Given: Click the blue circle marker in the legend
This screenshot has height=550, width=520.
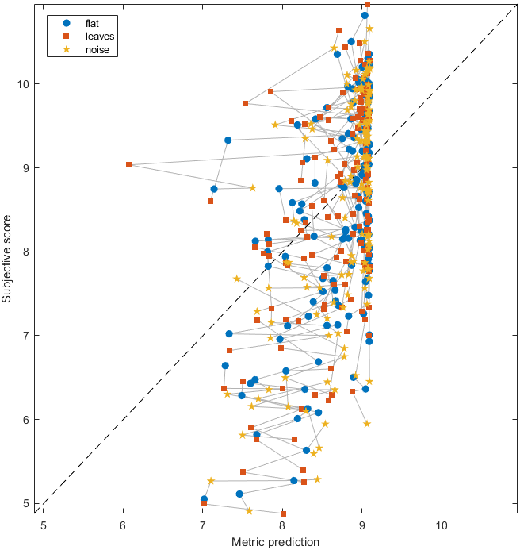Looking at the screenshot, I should [x=67, y=23].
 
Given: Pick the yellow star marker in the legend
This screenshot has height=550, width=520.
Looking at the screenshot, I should [x=67, y=50].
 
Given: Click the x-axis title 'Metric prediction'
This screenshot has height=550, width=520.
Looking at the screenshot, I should [x=275, y=542].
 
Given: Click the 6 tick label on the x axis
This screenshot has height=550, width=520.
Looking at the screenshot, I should [x=123, y=525].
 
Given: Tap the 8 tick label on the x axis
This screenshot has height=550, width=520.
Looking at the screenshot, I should [x=282, y=525].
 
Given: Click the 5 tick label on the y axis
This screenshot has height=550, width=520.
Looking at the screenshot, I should [x=27, y=503].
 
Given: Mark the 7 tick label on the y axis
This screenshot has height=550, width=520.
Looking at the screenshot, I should [x=27, y=336].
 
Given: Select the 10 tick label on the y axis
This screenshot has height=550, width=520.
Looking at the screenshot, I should [x=24, y=83].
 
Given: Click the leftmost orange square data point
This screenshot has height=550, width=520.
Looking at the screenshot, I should [x=128, y=164].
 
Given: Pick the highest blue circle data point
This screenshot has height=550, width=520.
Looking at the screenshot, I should [x=365, y=15].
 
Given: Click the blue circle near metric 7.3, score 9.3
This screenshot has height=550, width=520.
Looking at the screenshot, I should [x=227, y=140].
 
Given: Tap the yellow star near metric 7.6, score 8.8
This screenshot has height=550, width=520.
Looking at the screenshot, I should [x=253, y=187].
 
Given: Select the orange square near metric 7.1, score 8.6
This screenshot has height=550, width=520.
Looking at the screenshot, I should [x=210, y=201].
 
